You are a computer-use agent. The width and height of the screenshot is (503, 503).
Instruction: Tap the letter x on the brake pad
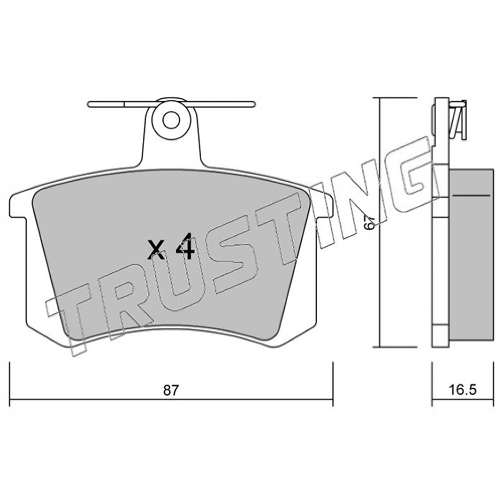155,251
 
